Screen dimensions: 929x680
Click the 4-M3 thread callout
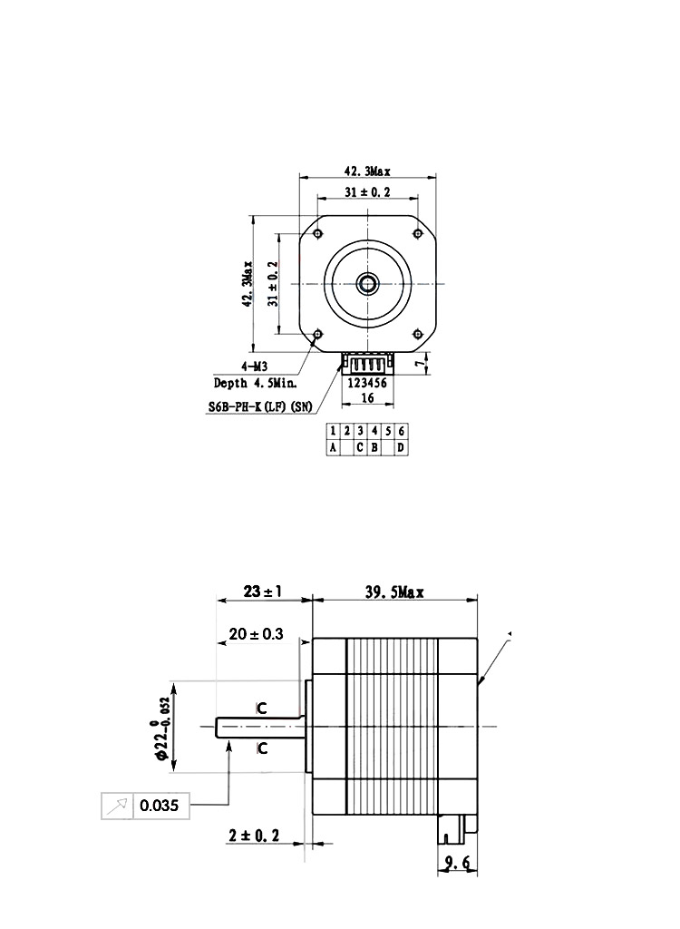tap(255, 367)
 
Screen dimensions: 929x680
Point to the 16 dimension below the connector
tap(368, 397)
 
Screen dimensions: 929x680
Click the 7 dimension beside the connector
tap(418, 364)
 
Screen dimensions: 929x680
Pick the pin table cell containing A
tap(334, 447)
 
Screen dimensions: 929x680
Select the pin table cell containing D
tap(401, 447)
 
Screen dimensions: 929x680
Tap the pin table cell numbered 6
tap(401, 431)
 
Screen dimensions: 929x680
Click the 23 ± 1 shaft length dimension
tap(263, 592)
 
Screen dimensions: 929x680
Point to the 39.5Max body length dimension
tap(394, 592)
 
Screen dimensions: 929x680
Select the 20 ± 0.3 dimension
tap(257, 634)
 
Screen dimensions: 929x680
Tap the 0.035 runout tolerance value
tap(160, 805)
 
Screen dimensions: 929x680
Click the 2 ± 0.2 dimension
tap(254, 833)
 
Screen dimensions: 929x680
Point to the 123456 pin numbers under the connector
tap(368, 383)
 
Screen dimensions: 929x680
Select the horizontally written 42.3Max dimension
tap(367, 171)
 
